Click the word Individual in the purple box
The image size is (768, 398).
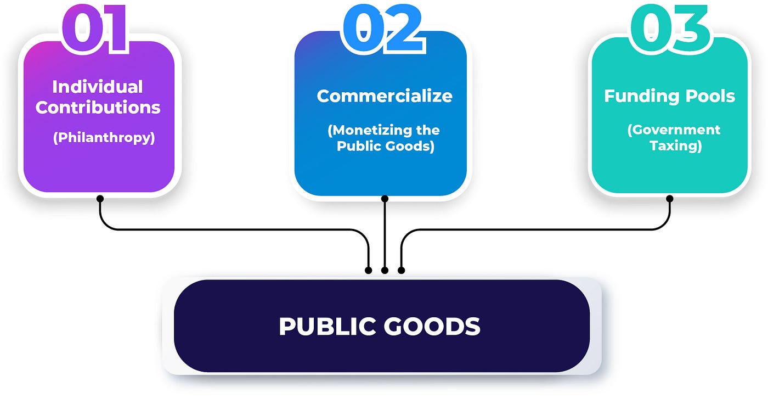point(98,87)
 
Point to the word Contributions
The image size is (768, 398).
point(98,108)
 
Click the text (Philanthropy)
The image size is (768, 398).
point(104,138)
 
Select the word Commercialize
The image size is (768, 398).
point(385,96)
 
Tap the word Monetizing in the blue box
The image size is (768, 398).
point(370,130)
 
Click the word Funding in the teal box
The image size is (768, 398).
point(642,96)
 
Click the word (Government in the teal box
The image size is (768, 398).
point(674,130)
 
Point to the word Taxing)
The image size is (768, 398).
point(676,146)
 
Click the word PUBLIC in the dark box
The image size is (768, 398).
point(327,326)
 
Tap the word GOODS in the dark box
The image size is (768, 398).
point(432,326)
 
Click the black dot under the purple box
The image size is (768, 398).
point(100,198)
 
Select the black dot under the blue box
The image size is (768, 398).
point(385,199)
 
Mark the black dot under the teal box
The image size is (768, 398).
point(670,199)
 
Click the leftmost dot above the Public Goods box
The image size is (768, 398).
point(369,270)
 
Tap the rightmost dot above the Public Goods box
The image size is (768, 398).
point(401,270)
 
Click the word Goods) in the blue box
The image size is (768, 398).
point(410,146)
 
